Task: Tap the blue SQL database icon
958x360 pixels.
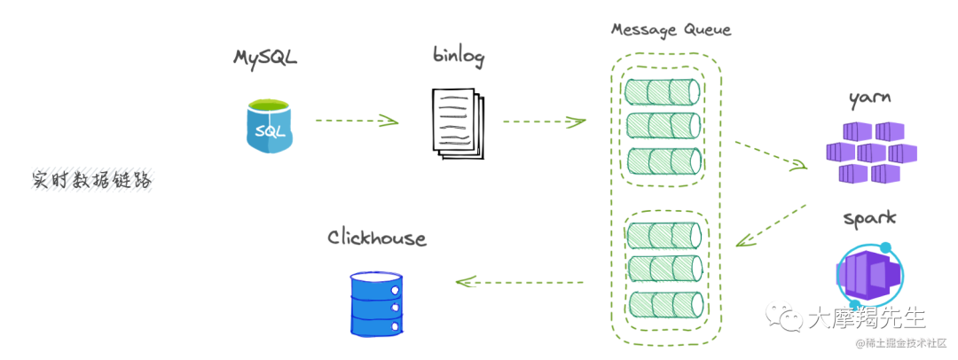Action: (x=270, y=126)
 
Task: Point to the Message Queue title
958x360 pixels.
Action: (x=671, y=29)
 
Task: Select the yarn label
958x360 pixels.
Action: (x=869, y=98)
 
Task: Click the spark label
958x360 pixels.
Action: (x=869, y=218)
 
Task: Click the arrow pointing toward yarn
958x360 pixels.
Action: (x=772, y=155)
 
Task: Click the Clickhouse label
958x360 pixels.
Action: (x=377, y=239)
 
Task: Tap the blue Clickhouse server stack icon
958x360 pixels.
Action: (x=376, y=302)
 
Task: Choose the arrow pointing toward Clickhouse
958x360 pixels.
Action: (x=519, y=282)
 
